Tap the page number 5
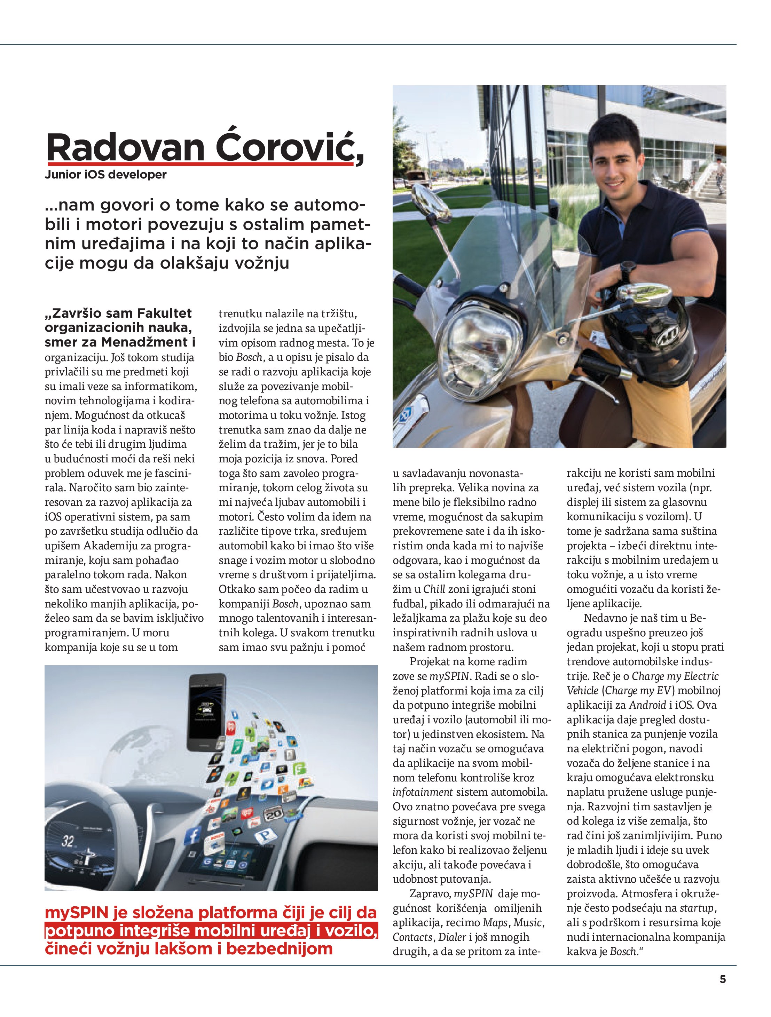[723, 979]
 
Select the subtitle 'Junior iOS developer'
[105, 175]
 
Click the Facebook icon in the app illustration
[194, 834]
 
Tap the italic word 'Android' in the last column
[647, 705]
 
